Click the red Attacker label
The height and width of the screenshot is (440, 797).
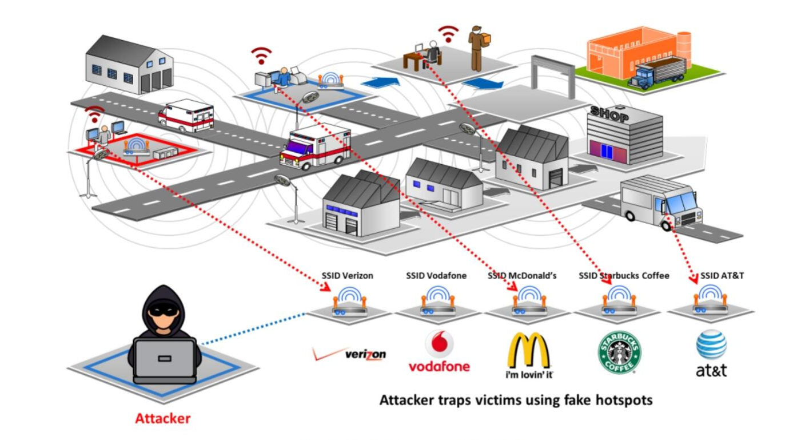click(162, 418)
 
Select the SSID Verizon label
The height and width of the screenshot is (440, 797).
click(347, 276)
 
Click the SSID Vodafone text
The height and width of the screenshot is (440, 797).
click(436, 276)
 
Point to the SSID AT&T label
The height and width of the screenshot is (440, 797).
click(722, 276)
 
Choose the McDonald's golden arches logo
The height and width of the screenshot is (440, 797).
click(528, 350)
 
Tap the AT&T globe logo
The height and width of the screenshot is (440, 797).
click(711, 345)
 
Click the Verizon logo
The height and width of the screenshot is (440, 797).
click(349, 354)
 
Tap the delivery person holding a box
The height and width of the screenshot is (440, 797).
click(475, 47)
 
